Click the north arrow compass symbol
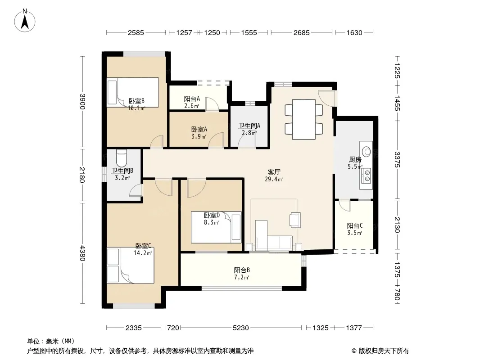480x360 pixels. [25, 21]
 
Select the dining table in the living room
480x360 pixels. [303, 119]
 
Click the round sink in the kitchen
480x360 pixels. [366, 151]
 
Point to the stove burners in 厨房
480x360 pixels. [367, 175]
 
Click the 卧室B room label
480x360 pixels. [136, 101]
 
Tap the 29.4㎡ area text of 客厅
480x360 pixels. [274, 179]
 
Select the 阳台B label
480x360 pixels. [242, 270]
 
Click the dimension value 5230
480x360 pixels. [240, 328]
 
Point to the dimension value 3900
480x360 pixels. [82, 102]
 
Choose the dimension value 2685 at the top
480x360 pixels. [302, 32]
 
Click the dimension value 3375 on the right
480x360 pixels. [397, 160]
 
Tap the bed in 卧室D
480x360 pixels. [216, 227]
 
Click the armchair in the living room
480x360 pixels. [295, 220]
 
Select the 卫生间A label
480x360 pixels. [249, 126]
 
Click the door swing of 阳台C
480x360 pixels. [345, 206]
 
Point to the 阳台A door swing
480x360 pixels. [212, 104]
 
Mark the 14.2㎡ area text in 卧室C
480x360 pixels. [143, 253]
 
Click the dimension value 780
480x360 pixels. [397, 295]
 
